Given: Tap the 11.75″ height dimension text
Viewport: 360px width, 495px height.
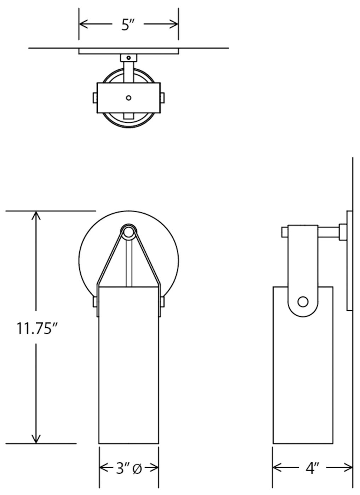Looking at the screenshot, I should point(37,328).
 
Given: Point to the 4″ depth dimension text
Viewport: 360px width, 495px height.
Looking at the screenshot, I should point(313,469).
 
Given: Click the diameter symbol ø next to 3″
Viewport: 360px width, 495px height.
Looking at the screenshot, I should point(137,469).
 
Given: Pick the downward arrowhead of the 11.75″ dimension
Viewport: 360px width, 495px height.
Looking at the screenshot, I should point(36,439).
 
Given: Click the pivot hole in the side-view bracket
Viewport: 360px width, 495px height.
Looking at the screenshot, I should point(303,302).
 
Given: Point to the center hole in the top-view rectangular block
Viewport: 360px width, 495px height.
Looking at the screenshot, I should point(129,98).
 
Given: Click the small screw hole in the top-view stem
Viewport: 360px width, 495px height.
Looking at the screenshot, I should point(129,58).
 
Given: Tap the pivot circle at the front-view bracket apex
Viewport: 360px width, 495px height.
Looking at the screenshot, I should point(128,232).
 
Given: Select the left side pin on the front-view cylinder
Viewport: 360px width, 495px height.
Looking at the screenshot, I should point(95,302).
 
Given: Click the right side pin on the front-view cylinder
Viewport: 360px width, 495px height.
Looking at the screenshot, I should point(162,302).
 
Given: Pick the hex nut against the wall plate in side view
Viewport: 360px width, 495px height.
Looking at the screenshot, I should point(343,232).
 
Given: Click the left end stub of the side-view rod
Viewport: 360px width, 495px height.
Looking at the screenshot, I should point(284,232).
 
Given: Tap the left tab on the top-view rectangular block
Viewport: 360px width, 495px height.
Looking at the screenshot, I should point(95,98).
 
